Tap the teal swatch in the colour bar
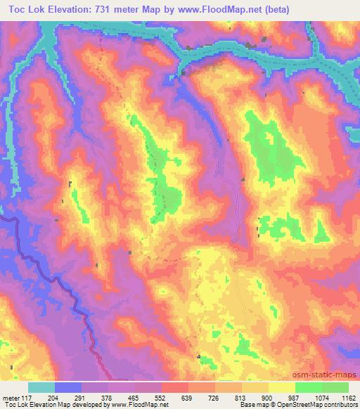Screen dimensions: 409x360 tap(41, 387)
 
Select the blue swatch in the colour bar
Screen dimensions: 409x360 tap(68, 387)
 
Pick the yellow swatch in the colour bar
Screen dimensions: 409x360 tap(282, 387)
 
